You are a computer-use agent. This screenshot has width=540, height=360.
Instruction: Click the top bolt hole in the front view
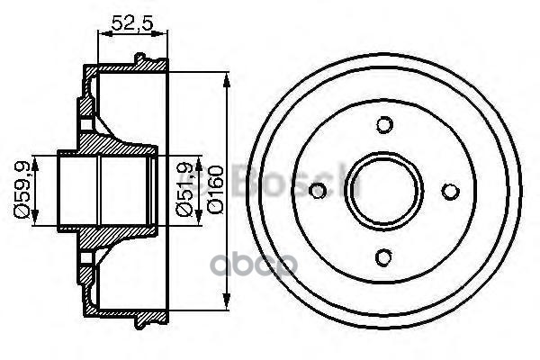[384, 123]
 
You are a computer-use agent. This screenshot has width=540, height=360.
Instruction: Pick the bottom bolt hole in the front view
[384, 257]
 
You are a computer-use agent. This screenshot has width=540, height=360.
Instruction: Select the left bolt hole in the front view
[317, 190]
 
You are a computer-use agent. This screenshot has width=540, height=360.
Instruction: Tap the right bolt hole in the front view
[451, 190]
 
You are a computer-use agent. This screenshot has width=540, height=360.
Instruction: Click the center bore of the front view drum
[384, 190]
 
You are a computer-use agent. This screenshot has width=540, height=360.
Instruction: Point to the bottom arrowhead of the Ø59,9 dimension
[35, 226]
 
